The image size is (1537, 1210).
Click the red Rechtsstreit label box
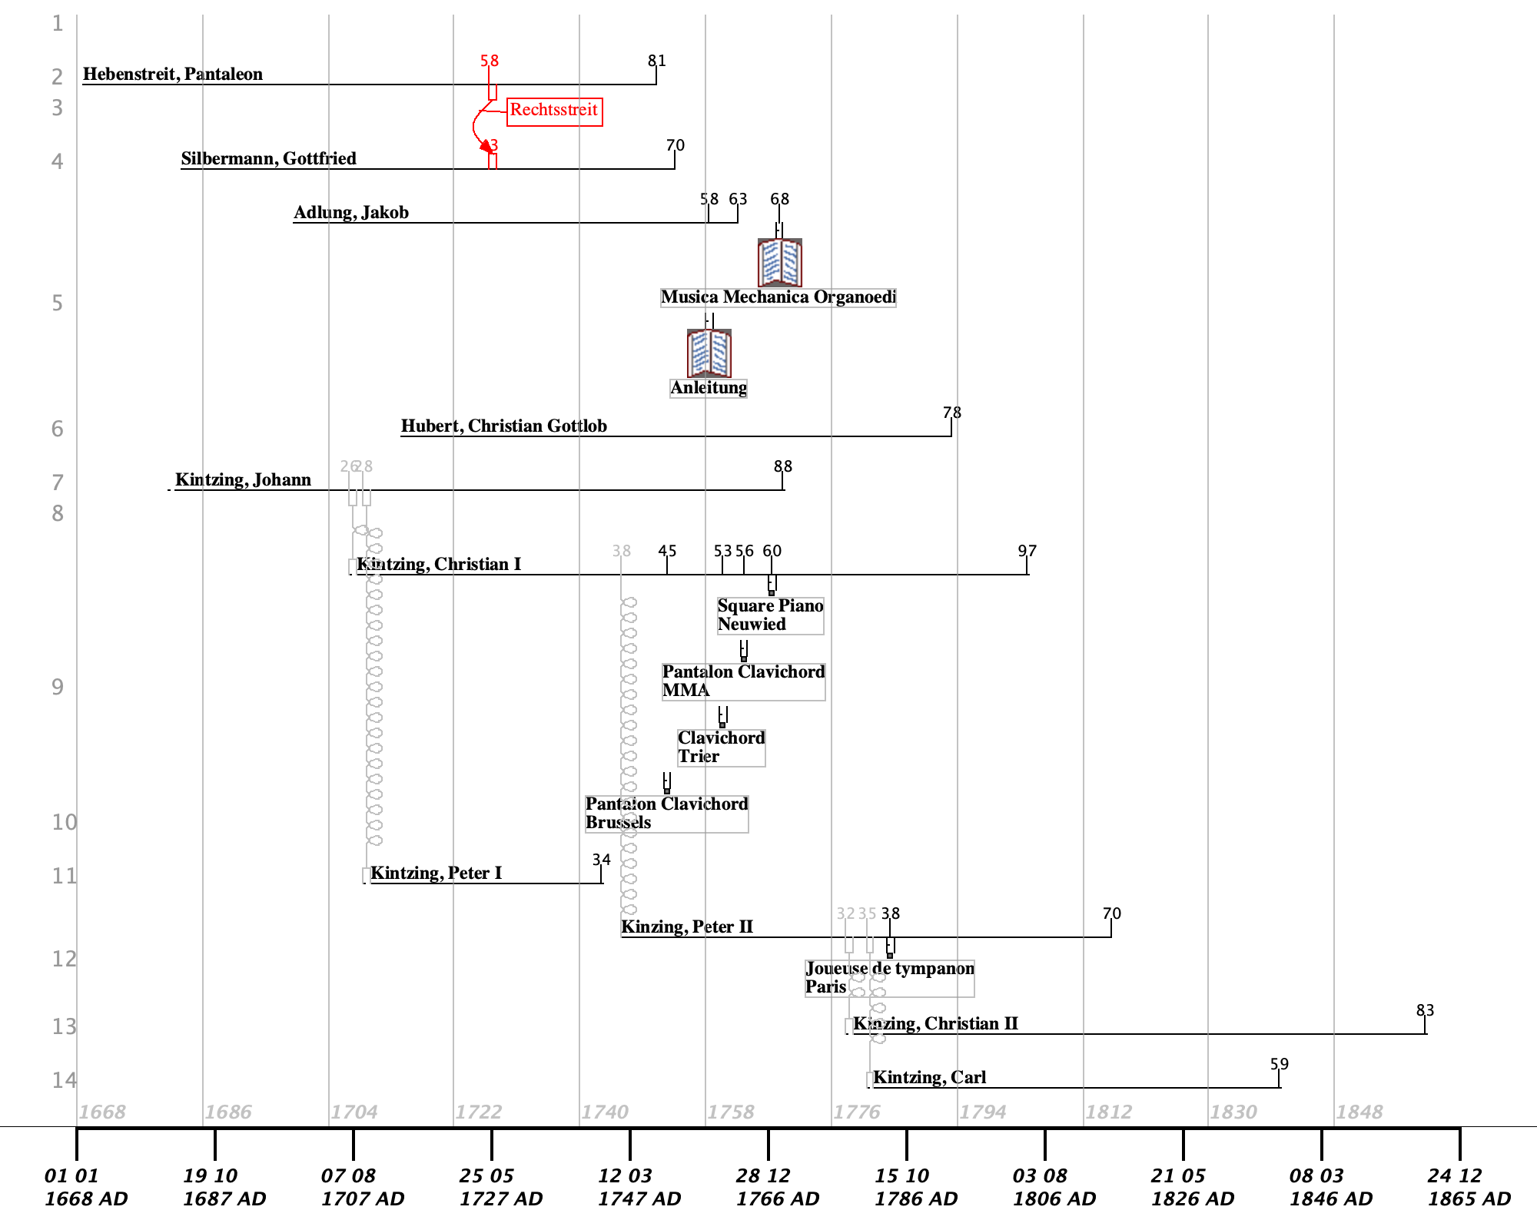pos(555,111)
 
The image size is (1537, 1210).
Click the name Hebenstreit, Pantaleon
pos(173,75)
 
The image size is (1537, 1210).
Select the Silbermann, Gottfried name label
pos(269,159)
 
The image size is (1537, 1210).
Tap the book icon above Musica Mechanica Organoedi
pos(780,263)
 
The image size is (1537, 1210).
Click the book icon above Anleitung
pos(709,353)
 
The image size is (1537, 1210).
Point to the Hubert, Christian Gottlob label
pos(504,426)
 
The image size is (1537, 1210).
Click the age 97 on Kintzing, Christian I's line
pos(1027,552)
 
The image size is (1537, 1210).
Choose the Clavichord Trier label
pos(721,748)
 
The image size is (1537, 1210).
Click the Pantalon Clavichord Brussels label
pos(666,814)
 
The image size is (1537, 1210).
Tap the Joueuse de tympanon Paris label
pos(889,978)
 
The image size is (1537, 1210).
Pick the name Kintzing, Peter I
pos(436,874)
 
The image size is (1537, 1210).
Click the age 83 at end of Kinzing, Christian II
pos(1426,1011)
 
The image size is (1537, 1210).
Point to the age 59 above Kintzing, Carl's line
pos(1280,1065)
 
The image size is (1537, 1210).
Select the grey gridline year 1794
pos(983,1112)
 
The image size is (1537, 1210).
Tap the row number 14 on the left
pos(64,1081)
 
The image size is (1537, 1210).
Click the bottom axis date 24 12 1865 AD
pos(1469,1187)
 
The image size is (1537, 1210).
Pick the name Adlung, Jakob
pos(351,213)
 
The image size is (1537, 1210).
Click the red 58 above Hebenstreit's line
pos(490,61)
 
